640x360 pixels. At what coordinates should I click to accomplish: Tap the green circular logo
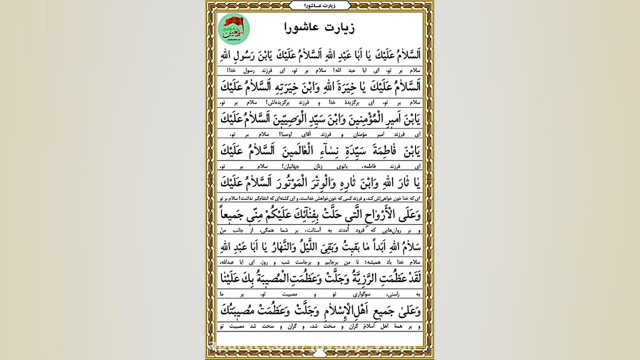pyautogui.click(x=234, y=29)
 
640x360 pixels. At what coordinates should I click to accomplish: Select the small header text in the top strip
pyautogui.click(x=320, y=5)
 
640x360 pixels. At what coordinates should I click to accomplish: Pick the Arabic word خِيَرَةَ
pyautogui.click(x=341, y=87)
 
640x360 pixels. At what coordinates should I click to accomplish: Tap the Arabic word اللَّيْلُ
pyautogui.click(x=291, y=247)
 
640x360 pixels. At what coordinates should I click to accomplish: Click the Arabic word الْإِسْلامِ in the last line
pyautogui.click(x=323, y=311)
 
